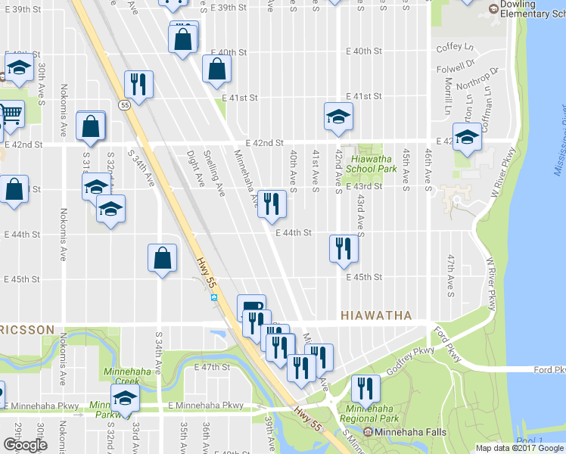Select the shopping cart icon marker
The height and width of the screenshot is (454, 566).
[x=10, y=114]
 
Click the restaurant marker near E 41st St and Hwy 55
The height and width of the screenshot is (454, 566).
[x=138, y=84]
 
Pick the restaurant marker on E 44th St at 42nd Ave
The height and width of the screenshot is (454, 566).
[x=344, y=248]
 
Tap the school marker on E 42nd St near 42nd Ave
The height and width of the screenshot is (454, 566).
[x=338, y=116]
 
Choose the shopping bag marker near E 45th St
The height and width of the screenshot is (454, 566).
[x=163, y=258]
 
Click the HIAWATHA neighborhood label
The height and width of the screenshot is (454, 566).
[x=376, y=315]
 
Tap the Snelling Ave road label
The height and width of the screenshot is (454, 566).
[x=214, y=173]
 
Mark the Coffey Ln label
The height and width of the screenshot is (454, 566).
[x=455, y=47]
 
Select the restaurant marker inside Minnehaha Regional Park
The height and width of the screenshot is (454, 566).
[x=365, y=388]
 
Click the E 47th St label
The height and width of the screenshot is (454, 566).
[x=210, y=367]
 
